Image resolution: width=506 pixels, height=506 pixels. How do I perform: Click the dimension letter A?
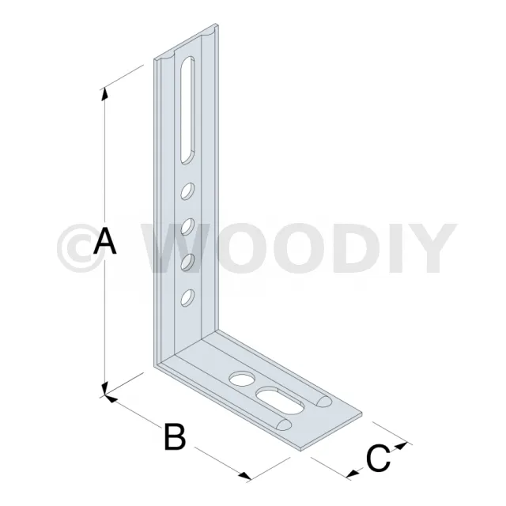[104, 240]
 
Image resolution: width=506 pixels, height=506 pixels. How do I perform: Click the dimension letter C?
[379, 458]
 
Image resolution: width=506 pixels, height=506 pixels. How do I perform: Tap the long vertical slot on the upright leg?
[187, 110]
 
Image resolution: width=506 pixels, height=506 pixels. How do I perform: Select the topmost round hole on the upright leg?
[187, 191]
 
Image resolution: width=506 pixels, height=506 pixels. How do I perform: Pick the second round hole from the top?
[187, 227]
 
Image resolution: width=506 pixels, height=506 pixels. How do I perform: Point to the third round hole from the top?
[187, 262]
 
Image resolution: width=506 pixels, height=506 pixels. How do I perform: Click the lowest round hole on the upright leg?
[187, 297]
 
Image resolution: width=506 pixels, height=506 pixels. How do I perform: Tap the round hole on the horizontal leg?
[242, 379]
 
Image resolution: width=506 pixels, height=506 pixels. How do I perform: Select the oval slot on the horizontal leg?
[280, 400]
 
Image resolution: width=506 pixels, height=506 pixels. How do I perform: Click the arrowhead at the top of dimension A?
[104, 94]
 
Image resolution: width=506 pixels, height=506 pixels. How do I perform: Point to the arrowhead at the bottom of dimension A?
[104, 388]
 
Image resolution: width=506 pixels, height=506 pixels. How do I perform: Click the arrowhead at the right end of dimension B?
[245, 475]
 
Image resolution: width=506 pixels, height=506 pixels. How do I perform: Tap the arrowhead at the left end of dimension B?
[111, 398]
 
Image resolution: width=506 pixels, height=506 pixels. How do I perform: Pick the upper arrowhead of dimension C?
[402, 446]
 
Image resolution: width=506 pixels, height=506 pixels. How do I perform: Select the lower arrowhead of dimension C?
[353, 474]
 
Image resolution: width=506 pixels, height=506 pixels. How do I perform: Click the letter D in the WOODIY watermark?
[355, 248]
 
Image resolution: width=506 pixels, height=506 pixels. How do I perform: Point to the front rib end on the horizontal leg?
[284, 425]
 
